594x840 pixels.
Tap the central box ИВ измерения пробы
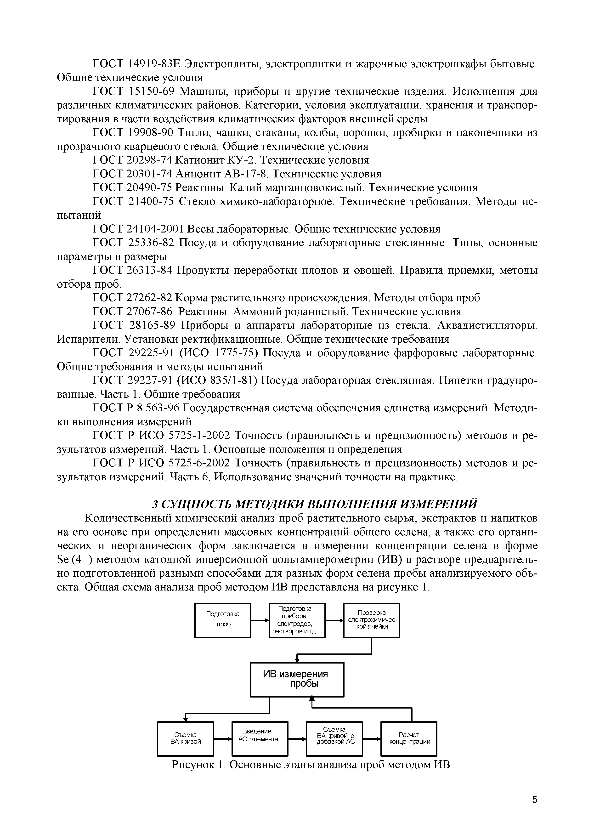coord(297,679)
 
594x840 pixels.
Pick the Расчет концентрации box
coord(409,739)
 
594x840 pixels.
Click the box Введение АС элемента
coord(260,739)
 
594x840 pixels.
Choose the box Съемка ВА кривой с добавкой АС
coord(334,739)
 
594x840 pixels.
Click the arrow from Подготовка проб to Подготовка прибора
coord(260,620)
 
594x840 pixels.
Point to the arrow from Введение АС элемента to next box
coord(297,739)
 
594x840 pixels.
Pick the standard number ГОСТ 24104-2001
coord(138,229)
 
